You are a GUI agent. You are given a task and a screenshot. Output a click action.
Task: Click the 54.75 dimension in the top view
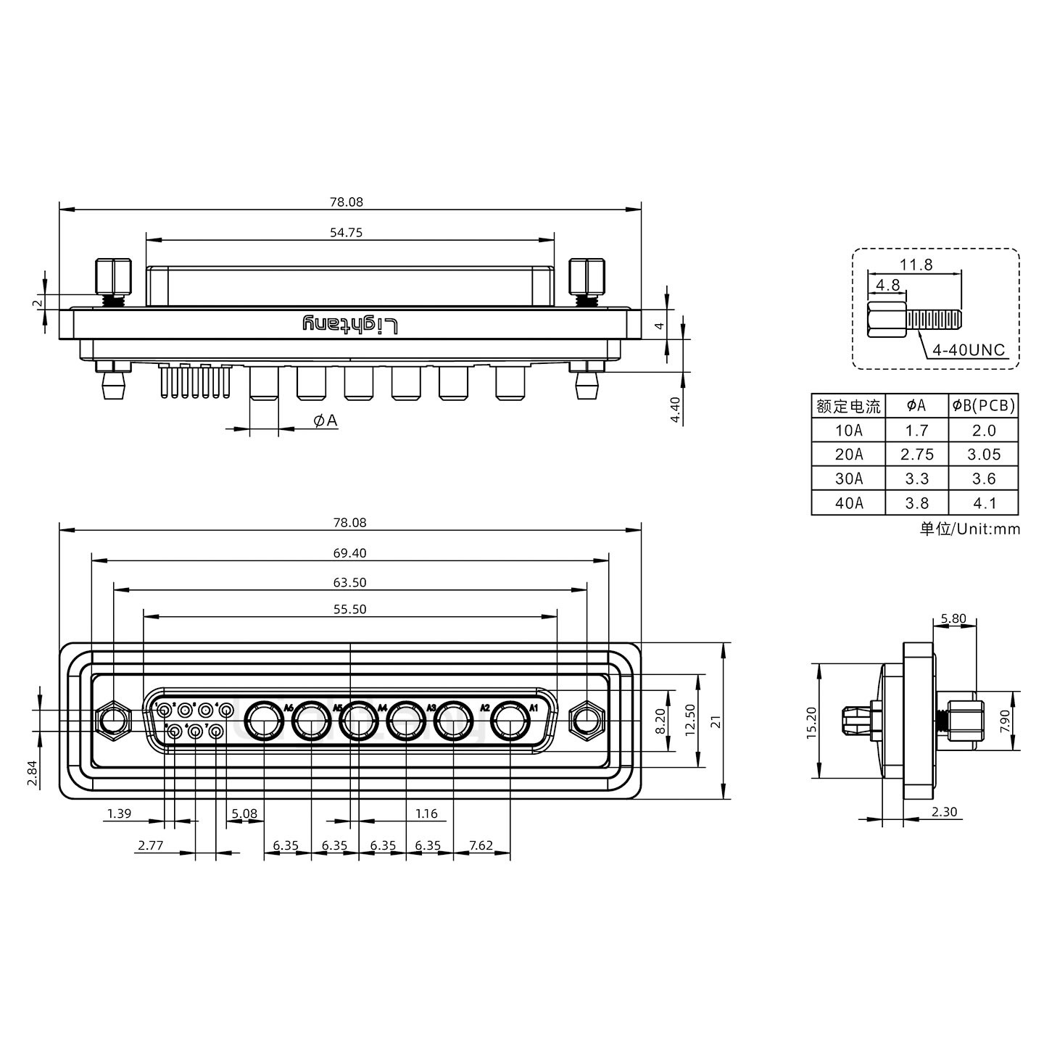(349, 233)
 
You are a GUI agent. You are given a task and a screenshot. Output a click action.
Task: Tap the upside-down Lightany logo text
(350, 325)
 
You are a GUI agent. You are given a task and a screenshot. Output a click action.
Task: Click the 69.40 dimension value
(349, 553)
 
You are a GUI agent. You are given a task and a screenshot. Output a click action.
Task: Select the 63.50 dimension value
(349, 582)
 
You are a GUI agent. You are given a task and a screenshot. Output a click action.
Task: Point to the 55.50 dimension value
(349, 609)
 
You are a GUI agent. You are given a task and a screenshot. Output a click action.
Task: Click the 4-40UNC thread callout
(969, 351)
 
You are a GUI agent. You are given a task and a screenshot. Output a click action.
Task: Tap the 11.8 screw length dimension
(916, 265)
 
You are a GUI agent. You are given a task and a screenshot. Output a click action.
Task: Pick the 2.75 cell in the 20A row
(917, 455)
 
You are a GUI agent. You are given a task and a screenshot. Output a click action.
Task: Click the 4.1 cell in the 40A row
(984, 503)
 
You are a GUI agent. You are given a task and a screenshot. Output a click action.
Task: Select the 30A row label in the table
(848, 478)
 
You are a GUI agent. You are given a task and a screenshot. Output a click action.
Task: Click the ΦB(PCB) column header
(984, 406)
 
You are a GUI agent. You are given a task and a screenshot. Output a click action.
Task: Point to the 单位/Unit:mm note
(970, 529)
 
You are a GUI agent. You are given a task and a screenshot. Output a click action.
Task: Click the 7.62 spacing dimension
(481, 845)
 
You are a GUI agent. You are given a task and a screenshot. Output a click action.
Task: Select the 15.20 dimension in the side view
(811, 721)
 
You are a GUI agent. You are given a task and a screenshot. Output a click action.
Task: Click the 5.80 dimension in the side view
(953, 618)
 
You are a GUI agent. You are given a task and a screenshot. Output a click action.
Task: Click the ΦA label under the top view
(326, 420)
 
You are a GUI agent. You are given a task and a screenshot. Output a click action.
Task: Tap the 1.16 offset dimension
(426, 813)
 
